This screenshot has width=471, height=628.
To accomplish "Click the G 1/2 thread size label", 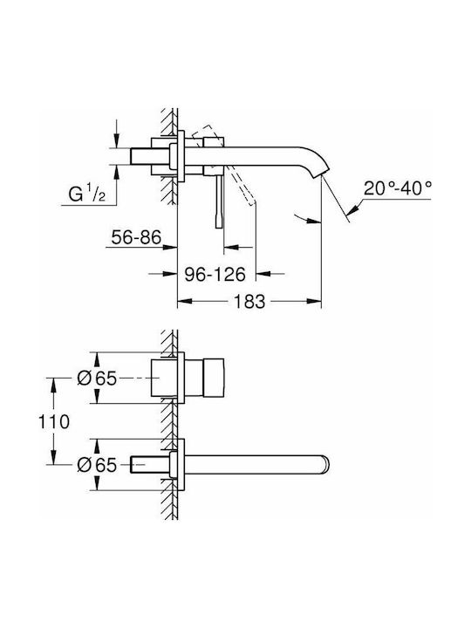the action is pos(87,195).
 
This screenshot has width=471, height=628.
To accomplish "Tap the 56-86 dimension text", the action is pos(136,237).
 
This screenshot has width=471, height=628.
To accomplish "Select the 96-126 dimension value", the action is pos(215,275).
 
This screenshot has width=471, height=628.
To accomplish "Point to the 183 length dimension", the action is pos(249,301).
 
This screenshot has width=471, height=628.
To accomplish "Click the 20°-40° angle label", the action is pos(398,188).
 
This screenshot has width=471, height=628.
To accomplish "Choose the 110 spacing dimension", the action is pos(54,422).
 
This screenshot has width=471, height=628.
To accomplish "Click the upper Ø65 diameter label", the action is pos(97,378).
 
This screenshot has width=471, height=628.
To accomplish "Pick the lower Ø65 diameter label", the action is pos(97,465).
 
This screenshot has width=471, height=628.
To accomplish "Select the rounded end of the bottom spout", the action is pos(325,463).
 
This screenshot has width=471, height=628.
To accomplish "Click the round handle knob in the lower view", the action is pos(214,378).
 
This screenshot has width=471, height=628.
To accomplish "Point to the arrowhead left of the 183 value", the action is pos(186,301).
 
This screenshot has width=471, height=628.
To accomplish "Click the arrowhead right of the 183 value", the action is pos(314,301).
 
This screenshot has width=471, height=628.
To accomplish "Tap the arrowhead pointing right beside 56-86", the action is pos(170,248).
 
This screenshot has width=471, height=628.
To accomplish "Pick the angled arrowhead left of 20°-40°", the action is pos(354,208).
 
